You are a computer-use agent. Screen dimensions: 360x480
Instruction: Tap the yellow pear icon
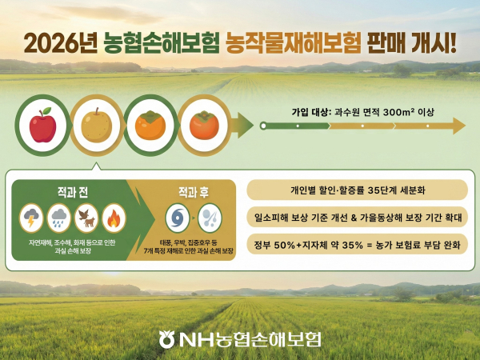tap(95, 126)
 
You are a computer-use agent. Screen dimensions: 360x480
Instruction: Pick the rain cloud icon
tap(58, 218)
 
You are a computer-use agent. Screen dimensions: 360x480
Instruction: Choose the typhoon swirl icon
tap(177, 218)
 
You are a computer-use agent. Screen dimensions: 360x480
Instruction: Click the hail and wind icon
tap(210, 218)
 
